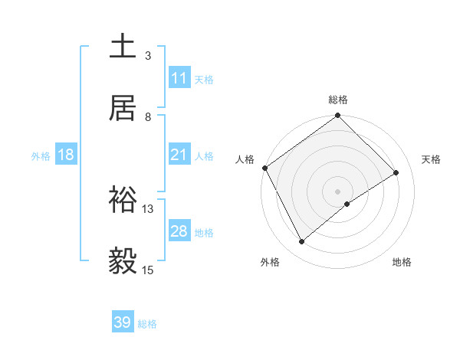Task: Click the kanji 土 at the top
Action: (123, 46)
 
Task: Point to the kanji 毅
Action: (123, 261)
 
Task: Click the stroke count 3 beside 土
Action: (148, 55)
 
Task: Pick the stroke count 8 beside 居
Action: (148, 116)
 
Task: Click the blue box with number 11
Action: (179, 78)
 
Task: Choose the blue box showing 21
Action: (179, 155)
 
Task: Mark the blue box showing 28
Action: (179, 231)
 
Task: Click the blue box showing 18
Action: (66, 155)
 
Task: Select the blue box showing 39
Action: (123, 322)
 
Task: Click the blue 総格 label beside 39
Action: (147, 324)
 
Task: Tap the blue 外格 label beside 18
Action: (41, 156)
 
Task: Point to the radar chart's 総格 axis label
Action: (338, 100)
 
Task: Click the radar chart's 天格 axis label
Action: (431, 159)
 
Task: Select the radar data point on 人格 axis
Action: (264, 168)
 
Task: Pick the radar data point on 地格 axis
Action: (347, 204)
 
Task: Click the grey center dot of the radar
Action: (338, 191)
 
